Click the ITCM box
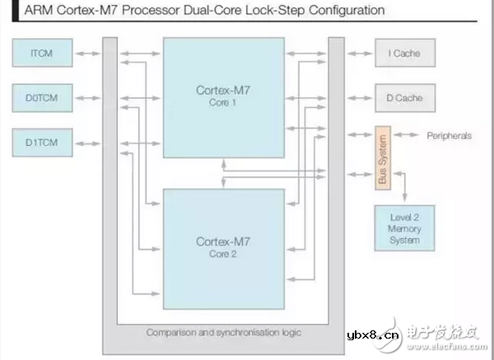coord(43,54)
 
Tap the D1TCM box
coord(43,143)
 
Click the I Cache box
coord(405,54)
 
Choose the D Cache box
coord(405,97)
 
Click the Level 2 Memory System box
coord(405,228)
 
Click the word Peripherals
coord(450,135)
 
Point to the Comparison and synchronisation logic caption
coord(222,333)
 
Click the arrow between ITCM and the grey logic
coord(87,54)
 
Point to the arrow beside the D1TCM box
coord(87,143)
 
